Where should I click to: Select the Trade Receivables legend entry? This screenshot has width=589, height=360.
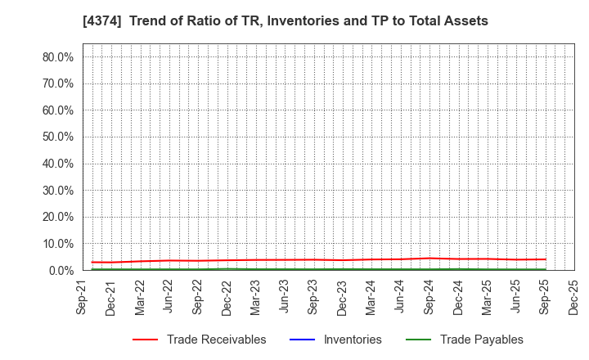pos(216,340)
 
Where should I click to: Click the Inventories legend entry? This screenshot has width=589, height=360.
pos(353,340)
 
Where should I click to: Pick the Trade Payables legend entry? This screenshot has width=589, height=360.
pos(481,340)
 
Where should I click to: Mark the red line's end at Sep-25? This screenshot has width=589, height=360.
pos(545,259)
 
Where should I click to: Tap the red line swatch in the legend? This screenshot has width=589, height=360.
pos(145,340)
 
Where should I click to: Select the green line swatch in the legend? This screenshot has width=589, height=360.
pos(417,340)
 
